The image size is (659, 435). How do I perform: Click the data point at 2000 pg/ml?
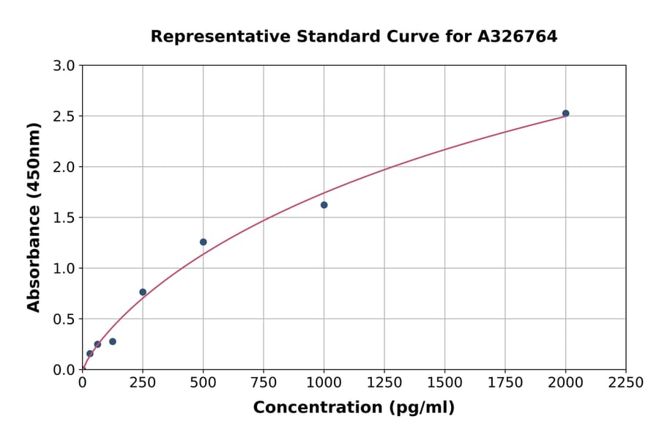pyautogui.click(x=565, y=114)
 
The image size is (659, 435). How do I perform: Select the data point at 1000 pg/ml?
pyautogui.click(x=324, y=205)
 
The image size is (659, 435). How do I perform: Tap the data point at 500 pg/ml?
pyautogui.click(x=203, y=242)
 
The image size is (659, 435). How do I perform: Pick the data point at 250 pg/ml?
pyautogui.click(x=143, y=292)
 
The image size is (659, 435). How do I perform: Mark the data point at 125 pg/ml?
pyautogui.click(x=113, y=341)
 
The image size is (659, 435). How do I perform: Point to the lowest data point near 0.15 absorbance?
pyautogui.click(x=90, y=354)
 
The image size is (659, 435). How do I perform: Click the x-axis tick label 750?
pyautogui.click(x=264, y=383)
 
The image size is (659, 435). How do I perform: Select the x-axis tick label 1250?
pyautogui.click(x=384, y=383)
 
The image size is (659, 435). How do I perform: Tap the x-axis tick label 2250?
pyautogui.click(x=626, y=383)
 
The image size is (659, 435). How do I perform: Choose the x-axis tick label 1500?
pyautogui.click(x=444, y=383)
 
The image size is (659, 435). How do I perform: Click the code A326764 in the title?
pyautogui.click(x=518, y=37)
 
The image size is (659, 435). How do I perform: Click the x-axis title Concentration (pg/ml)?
pyautogui.click(x=354, y=408)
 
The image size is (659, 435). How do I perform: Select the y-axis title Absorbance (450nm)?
pyautogui.click(x=34, y=218)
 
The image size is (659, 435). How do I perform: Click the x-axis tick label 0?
pyautogui.click(x=82, y=383)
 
